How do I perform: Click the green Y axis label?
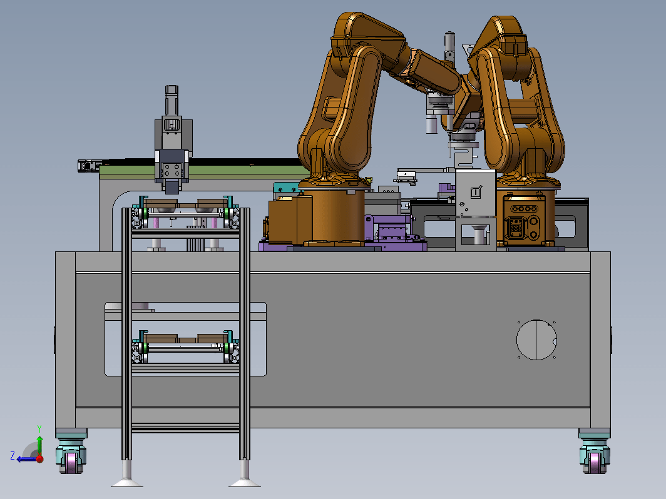pos(39,428)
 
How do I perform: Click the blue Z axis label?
pos(13,456)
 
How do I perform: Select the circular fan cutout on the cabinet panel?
pos(536,340)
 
